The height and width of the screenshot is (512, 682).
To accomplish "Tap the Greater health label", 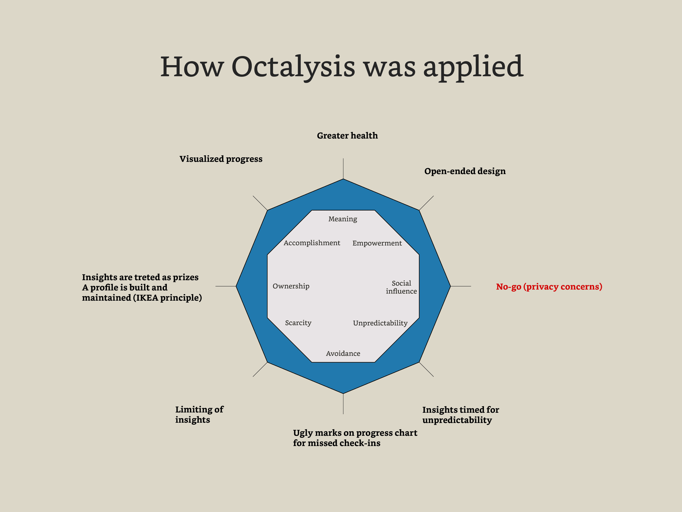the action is (347, 135).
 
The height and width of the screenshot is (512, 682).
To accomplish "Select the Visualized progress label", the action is (221, 159).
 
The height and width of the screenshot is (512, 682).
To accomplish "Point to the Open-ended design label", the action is (465, 171).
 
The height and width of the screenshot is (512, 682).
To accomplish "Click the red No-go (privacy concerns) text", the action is (549, 286).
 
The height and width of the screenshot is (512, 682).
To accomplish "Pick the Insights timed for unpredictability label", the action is (460, 415).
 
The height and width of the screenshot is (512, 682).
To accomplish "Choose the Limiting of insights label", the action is (199, 414).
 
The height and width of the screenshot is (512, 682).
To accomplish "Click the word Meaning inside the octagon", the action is (342, 219).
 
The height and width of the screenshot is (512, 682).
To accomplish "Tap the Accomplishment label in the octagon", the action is (312, 243).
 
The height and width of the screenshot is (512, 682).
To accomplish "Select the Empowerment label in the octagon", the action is (377, 243).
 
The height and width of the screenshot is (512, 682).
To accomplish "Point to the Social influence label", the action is (401, 287).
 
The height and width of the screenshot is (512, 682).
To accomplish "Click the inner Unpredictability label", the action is (380, 323).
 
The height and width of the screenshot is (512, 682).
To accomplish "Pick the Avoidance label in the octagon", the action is (343, 353).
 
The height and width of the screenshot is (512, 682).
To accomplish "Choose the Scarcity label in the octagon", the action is (298, 323).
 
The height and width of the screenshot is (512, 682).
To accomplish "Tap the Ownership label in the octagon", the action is (291, 286).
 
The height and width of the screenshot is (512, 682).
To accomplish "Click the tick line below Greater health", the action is (343, 168).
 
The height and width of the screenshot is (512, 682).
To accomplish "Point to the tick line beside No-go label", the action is (461, 286).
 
